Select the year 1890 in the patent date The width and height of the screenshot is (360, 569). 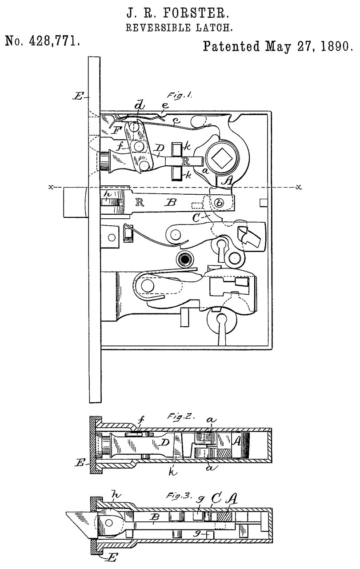tap(336, 46)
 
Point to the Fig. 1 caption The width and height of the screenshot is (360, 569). tap(179, 96)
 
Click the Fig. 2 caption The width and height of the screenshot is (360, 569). tap(181, 417)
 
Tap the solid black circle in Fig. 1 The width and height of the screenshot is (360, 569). tap(185, 260)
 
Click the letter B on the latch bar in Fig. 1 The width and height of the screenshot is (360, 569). tap(170, 202)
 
